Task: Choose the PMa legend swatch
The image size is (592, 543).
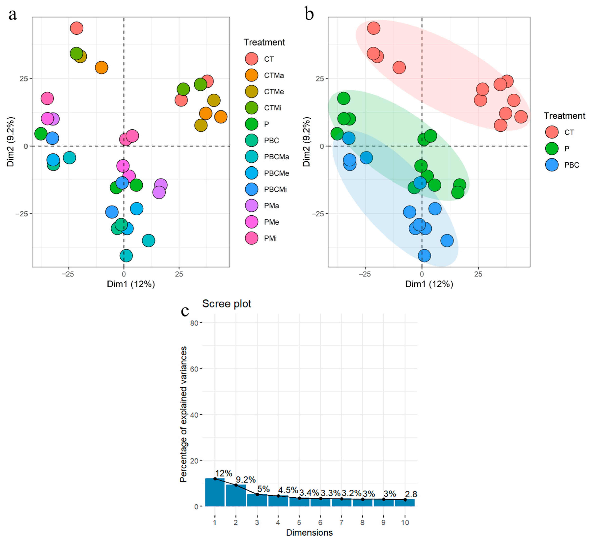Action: [252, 206]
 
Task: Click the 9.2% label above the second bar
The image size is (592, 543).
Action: [246, 480]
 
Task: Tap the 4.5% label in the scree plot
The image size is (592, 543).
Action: [288, 490]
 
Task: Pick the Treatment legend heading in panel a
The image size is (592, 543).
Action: [264, 42]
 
